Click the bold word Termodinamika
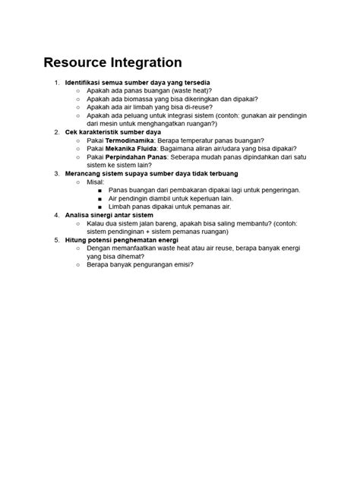[x=133, y=140]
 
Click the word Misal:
[x=96, y=182]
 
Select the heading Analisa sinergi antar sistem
[x=109, y=215]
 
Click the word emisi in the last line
[x=180, y=265]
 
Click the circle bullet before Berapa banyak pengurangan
[x=77, y=265]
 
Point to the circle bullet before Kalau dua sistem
[x=77, y=223]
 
